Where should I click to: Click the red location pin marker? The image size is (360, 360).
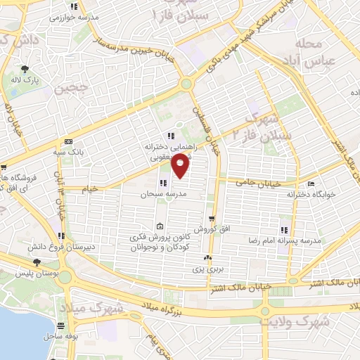click(x=181, y=166)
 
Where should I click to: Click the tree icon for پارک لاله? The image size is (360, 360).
click(x=25, y=69)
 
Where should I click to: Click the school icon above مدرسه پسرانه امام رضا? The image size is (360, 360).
click(x=284, y=230)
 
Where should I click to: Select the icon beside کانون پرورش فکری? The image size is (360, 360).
click(x=160, y=226)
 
